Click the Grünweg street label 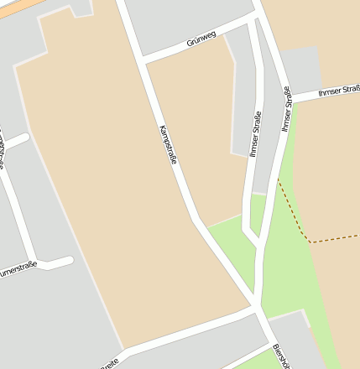pos(202,39)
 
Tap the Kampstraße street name pos(168,143)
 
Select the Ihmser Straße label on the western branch pos(255,134)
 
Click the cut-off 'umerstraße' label pos(18,270)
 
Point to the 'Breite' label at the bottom pos(110,364)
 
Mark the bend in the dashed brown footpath pos(311,242)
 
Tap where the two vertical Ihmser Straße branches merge pos(257,243)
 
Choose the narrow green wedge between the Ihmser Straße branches pos(257,213)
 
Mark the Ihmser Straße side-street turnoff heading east pos(290,100)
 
